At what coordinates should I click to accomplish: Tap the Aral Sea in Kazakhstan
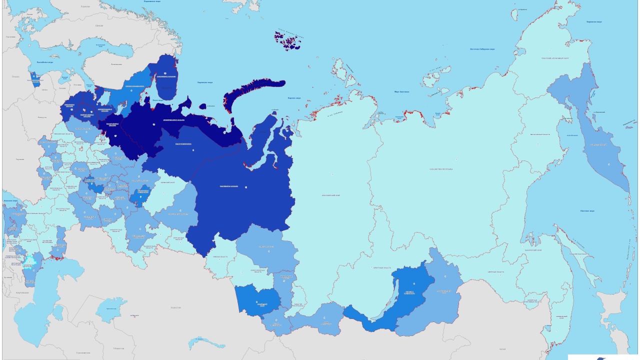click(x=110, y=309)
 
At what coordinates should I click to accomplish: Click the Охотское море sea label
click(x=587, y=210)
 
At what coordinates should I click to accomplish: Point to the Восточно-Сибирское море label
click(x=482, y=49)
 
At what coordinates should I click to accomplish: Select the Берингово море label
click(x=594, y=21)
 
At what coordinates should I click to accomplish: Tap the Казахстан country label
click(x=175, y=307)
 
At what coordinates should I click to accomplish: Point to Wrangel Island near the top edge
click(x=522, y=9)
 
